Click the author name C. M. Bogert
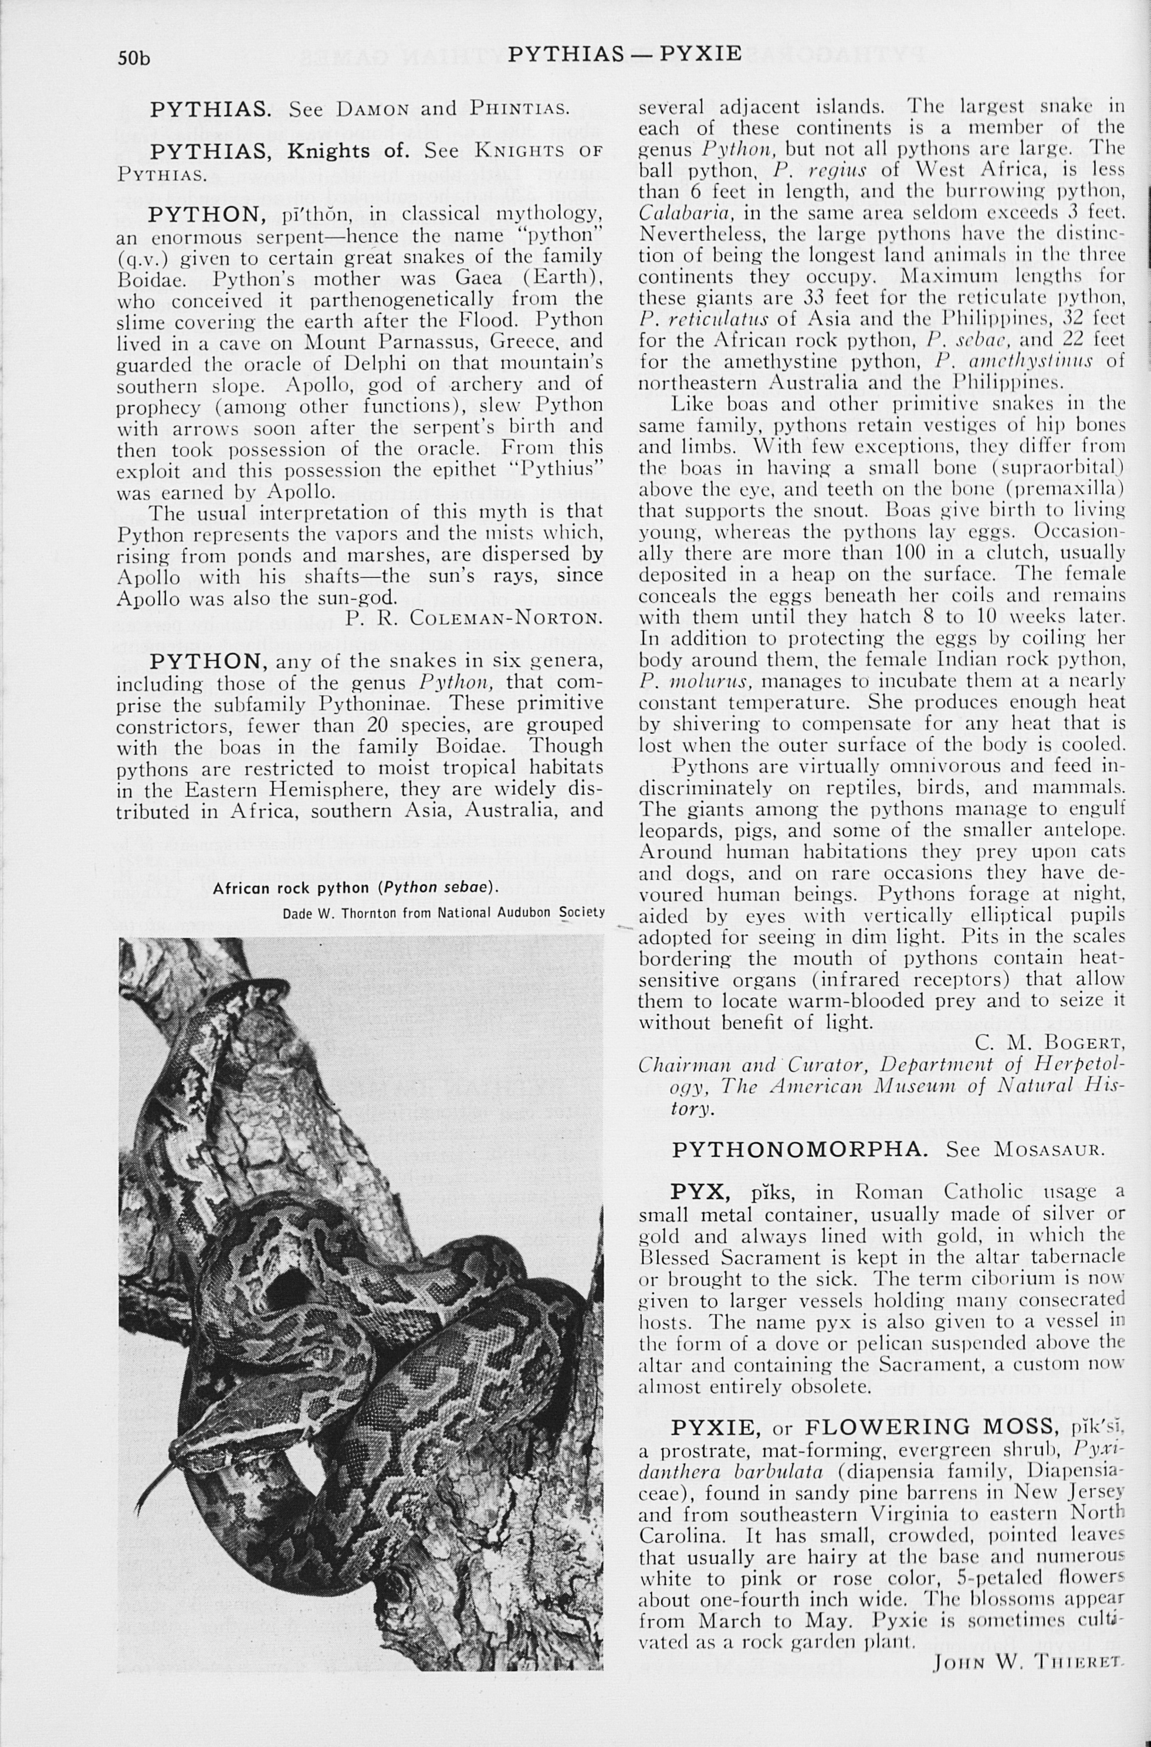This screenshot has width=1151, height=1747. [x=1050, y=1043]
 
